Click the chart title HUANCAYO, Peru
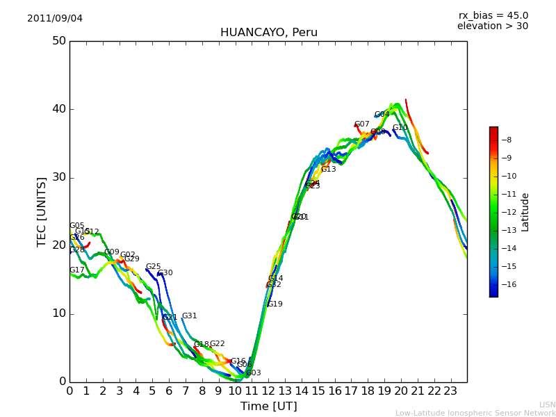pyautogui.click(x=268, y=33)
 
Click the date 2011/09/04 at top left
pyautogui.click(x=55, y=18)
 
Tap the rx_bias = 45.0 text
pyautogui.click(x=493, y=15)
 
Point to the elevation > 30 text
pyautogui.click(x=492, y=26)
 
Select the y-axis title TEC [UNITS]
pyautogui.click(x=42, y=211)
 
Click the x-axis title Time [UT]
pyautogui.click(x=268, y=406)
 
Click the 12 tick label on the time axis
pyautogui.click(x=268, y=391)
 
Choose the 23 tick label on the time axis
pyautogui.click(x=450, y=391)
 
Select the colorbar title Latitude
pyautogui.click(x=525, y=211)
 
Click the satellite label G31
pyautogui.click(x=189, y=316)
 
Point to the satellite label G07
pyautogui.click(x=361, y=124)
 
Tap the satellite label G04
pyautogui.click(x=382, y=115)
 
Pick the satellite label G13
pyautogui.click(x=328, y=170)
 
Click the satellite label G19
pyautogui.click(x=275, y=304)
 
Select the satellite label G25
pyautogui.click(x=153, y=267)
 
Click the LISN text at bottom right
pyautogui.click(x=547, y=404)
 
